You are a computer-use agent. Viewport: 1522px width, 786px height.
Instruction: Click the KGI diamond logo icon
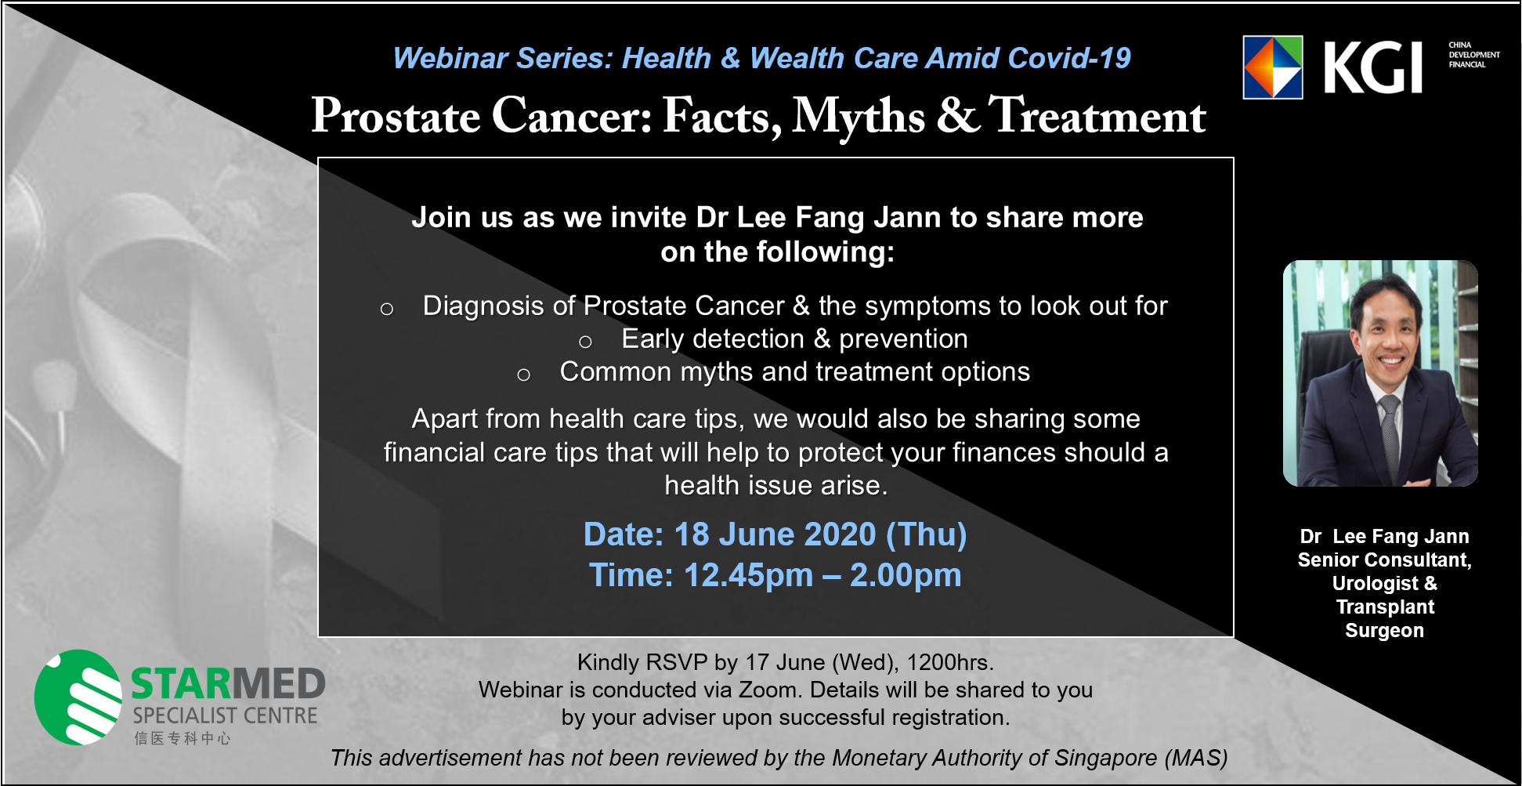click(1273, 67)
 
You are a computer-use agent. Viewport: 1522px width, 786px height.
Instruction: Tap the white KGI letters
click(1372, 68)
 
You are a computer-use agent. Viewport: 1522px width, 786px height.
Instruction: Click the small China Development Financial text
click(1474, 55)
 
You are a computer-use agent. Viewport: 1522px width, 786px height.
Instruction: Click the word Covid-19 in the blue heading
click(1069, 58)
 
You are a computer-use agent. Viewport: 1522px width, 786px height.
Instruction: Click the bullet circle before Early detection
click(585, 342)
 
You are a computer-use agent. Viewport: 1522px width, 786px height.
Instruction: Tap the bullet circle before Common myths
click(524, 375)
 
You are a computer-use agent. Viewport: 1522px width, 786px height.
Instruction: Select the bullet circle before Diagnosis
click(386, 309)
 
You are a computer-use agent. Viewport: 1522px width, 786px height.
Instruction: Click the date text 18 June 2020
click(775, 534)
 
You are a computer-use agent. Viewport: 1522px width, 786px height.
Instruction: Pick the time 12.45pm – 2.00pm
click(822, 575)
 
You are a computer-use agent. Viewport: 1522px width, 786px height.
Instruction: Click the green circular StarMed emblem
click(78, 697)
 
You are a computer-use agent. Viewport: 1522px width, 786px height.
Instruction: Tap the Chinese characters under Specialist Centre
click(183, 738)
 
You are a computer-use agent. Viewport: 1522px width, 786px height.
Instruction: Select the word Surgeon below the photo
click(1384, 630)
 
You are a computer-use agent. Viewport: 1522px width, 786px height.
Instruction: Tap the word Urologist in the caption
click(1375, 584)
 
